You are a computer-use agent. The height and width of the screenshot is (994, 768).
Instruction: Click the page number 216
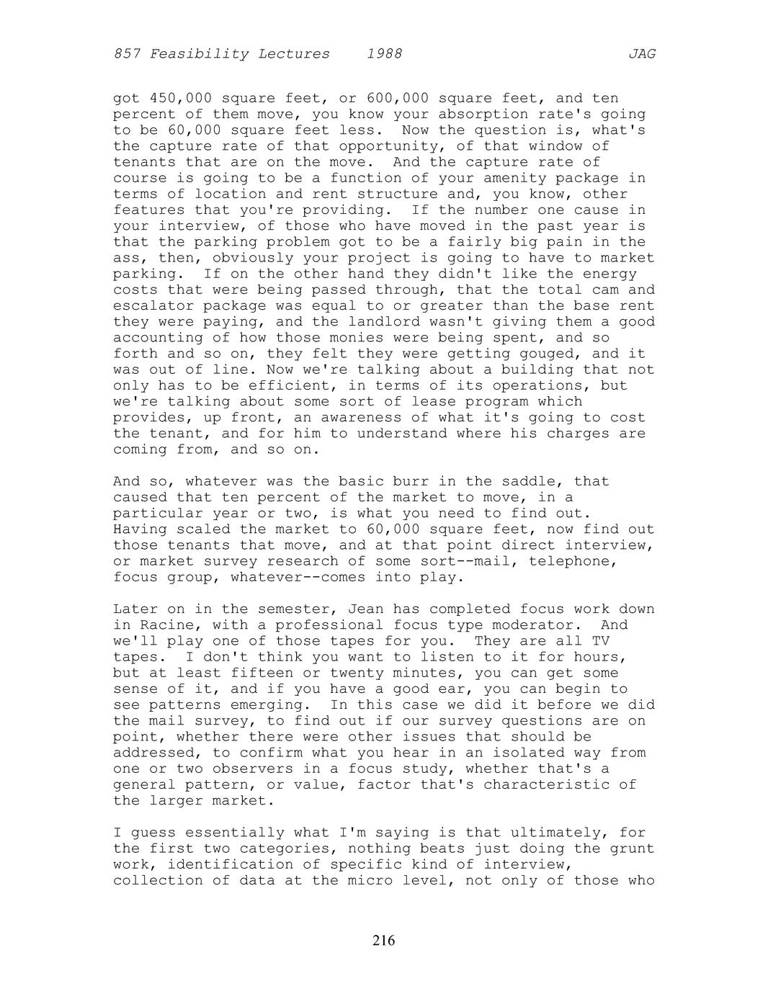[x=384, y=940]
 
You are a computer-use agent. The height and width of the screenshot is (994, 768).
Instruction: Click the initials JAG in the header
[x=641, y=54]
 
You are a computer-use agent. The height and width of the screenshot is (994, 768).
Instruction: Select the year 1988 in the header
[x=384, y=54]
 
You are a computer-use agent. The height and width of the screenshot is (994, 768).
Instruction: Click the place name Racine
[x=163, y=625]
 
